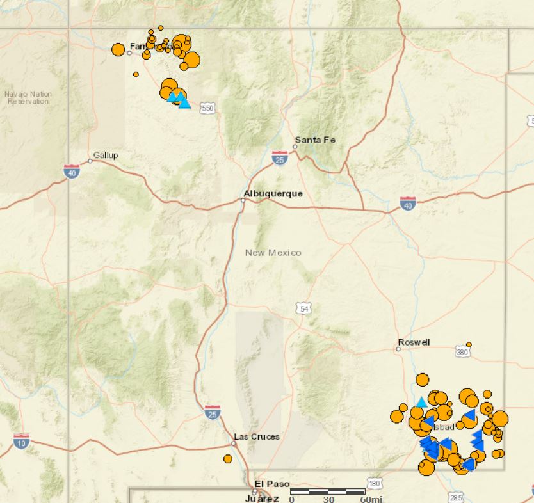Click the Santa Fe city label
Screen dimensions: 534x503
coord(315,140)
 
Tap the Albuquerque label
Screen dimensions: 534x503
coord(273,193)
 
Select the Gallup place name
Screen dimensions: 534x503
coord(106,155)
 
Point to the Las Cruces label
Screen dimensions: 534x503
coord(257,436)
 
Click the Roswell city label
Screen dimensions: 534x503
coord(414,342)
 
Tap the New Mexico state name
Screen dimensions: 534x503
coord(273,253)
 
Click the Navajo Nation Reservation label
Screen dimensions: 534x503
coord(28,98)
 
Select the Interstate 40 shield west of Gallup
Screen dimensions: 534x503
coord(72,171)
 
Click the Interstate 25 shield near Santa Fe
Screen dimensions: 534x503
coord(279,157)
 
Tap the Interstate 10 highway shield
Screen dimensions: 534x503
coord(20,441)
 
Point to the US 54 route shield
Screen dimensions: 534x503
coord(304,308)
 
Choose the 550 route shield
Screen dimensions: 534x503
coord(207,109)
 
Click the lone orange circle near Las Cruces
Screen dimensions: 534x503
coord(228,459)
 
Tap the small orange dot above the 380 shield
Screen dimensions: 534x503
coord(469,344)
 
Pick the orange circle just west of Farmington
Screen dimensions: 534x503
coord(118,49)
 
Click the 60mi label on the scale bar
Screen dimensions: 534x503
coord(372,499)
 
